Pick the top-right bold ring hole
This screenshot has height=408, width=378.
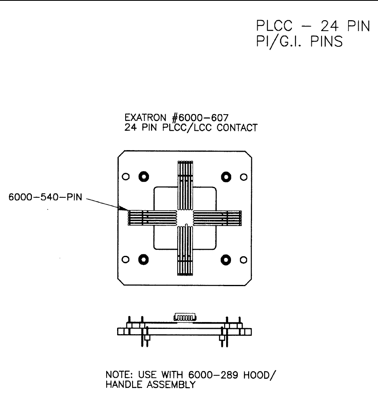226,176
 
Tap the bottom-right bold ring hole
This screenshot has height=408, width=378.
226,259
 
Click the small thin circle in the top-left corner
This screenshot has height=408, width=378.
126,176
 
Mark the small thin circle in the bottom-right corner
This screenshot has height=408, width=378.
244,259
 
